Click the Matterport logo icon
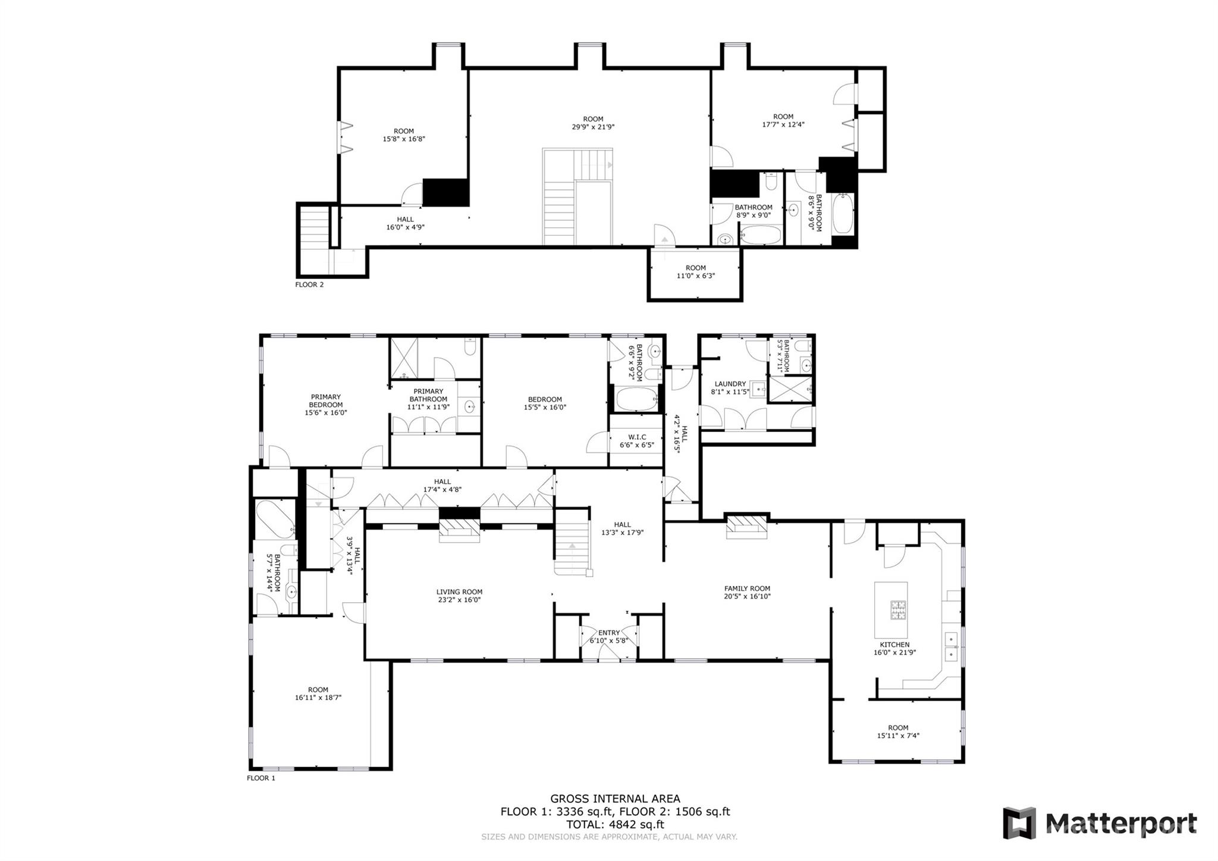[x=1019, y=823]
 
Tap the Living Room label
[x=459, y=592]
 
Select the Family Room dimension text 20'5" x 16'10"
[x=747, y=596]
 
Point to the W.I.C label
[x=637, y=437]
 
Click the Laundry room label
[x=730, y=384]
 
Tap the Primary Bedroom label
[x=326, y=400]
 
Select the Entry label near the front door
[x=609, y=633]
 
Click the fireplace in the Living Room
[x=459, y=530]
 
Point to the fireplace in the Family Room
[x=747, y=527]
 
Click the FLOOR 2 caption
[x=309, y=284]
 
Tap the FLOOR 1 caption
[x=261, y=778]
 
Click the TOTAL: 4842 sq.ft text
[x=615, y=825]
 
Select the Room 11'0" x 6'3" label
[x=695, y=272]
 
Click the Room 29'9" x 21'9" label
[x=593, y=123]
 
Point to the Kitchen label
[x=894, y=644]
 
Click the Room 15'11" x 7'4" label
[x=898, y=731]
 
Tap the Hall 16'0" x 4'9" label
[x=405, y=223]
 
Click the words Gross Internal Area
[x=615, y=799]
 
